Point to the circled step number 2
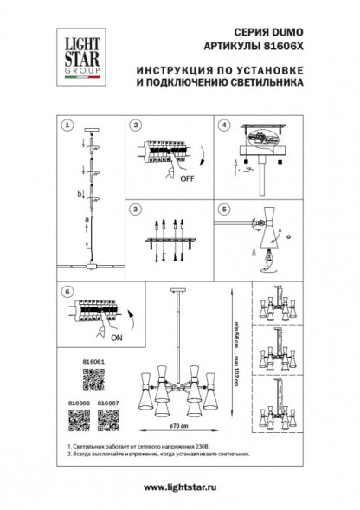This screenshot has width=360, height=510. click(135, 125)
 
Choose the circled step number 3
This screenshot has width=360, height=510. click(135, 210)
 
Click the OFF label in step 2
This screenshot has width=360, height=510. click(185, 181)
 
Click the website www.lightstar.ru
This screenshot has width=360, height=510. click(179, 487)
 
